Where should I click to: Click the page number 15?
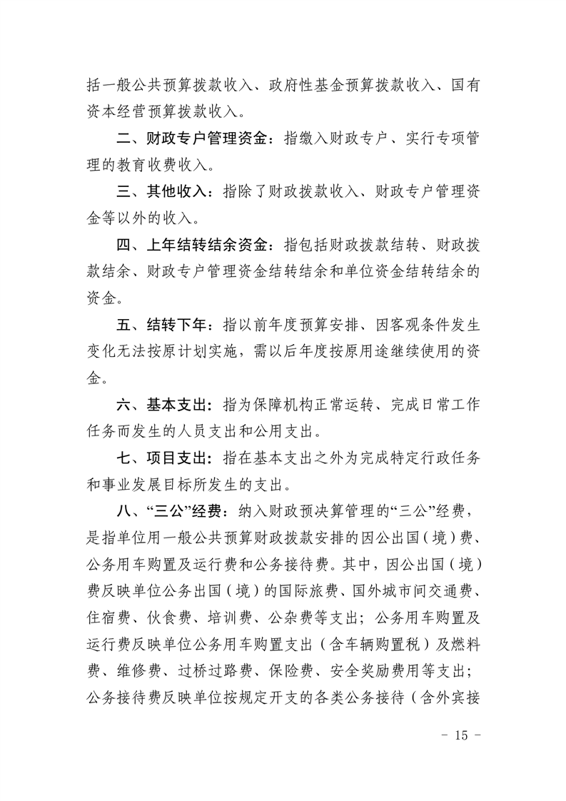458,736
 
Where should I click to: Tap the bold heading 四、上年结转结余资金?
193,245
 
